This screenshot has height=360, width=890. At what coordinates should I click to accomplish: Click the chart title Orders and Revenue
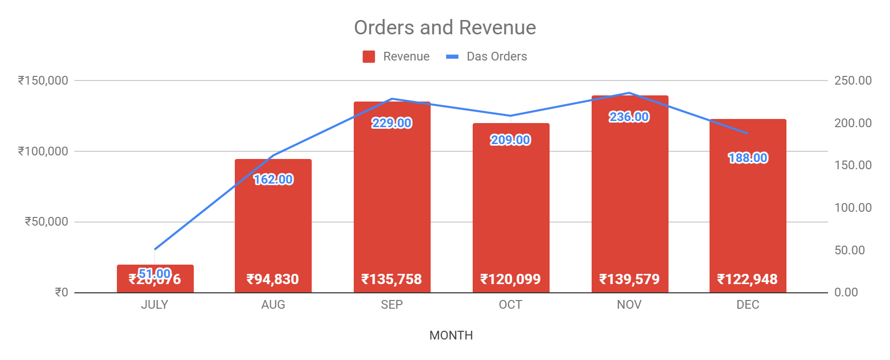[x=444, y=28]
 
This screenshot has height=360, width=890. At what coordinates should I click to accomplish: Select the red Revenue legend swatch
[x=369, y=56]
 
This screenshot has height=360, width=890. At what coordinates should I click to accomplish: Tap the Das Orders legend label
[x=496, y=56]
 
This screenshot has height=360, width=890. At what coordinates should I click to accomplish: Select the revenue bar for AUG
[x=273, y=226]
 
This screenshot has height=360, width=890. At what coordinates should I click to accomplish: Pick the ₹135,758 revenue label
[x=392, y=279]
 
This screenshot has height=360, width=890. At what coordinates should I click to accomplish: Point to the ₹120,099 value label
[x=511, y=279]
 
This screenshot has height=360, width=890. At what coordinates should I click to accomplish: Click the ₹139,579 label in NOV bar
[x=630, y=279]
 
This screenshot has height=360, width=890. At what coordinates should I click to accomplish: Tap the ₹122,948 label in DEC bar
[x=747, y=279]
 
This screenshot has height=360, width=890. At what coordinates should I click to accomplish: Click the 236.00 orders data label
[x=629, y=117]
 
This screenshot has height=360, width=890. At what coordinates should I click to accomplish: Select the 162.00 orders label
[x=273, y=179]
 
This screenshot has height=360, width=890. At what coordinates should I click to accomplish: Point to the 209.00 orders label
[x=511, y=140]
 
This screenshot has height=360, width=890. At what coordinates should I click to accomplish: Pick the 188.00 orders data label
[x=748, y=158]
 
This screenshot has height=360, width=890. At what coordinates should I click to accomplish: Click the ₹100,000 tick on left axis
[x=43, y=151]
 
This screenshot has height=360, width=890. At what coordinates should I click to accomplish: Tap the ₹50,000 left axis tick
[x=47, y=222]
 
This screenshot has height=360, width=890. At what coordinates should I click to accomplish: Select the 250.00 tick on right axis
[x=853, y=81]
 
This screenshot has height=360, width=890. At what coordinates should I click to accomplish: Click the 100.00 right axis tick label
[x=853, y=208]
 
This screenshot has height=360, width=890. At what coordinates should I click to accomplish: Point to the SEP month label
[x=392, y=305]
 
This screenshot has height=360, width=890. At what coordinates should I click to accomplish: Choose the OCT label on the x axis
[x=511, y=305]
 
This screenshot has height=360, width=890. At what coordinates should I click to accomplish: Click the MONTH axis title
[x=451, y=335]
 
